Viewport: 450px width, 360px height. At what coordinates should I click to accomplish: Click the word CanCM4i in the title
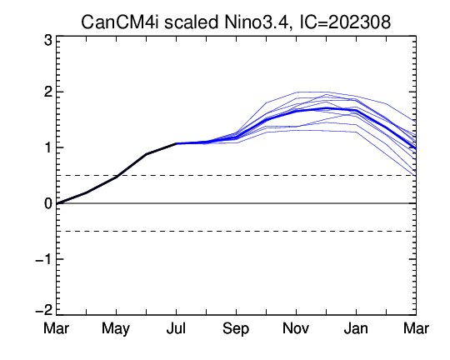(120, 22)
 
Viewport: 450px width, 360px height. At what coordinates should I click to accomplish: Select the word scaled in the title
(191, 22)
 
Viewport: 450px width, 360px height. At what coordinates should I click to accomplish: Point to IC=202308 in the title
(345, 22)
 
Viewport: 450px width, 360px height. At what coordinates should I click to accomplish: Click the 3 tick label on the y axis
(48, 41)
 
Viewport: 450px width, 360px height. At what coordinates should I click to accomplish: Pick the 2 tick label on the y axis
(48, 92)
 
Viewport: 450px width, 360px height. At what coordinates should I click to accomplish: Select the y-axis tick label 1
(48, 147)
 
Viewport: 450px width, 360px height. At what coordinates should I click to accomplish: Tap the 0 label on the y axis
(48, 203)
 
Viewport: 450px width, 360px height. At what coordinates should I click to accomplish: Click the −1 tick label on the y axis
(43, 259)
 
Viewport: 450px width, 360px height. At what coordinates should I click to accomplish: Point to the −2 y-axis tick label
(43, 310)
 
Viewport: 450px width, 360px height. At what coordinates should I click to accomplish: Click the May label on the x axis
(116, 328)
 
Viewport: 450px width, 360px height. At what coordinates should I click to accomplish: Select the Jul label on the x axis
(176, 328)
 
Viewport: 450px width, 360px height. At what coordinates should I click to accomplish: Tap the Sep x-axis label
(236, 328)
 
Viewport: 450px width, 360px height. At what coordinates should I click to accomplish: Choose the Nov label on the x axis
(296, 328)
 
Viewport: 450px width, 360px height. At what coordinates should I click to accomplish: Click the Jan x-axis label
(356, 328)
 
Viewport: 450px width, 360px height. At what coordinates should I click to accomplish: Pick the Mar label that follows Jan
(416, 328)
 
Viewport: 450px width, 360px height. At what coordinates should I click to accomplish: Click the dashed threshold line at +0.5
(236, 175)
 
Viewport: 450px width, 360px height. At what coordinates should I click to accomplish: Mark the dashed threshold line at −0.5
(236, 232)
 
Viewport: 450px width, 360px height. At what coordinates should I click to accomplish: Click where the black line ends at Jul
(176, 143)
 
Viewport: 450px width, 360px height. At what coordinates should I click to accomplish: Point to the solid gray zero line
(236, 203)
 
